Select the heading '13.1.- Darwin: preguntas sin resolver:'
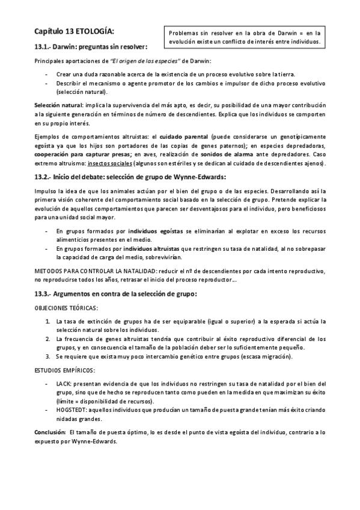pyautogui.click(x=91, y=46)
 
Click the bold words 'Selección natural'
pyautogui.click(x=57, y=105)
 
